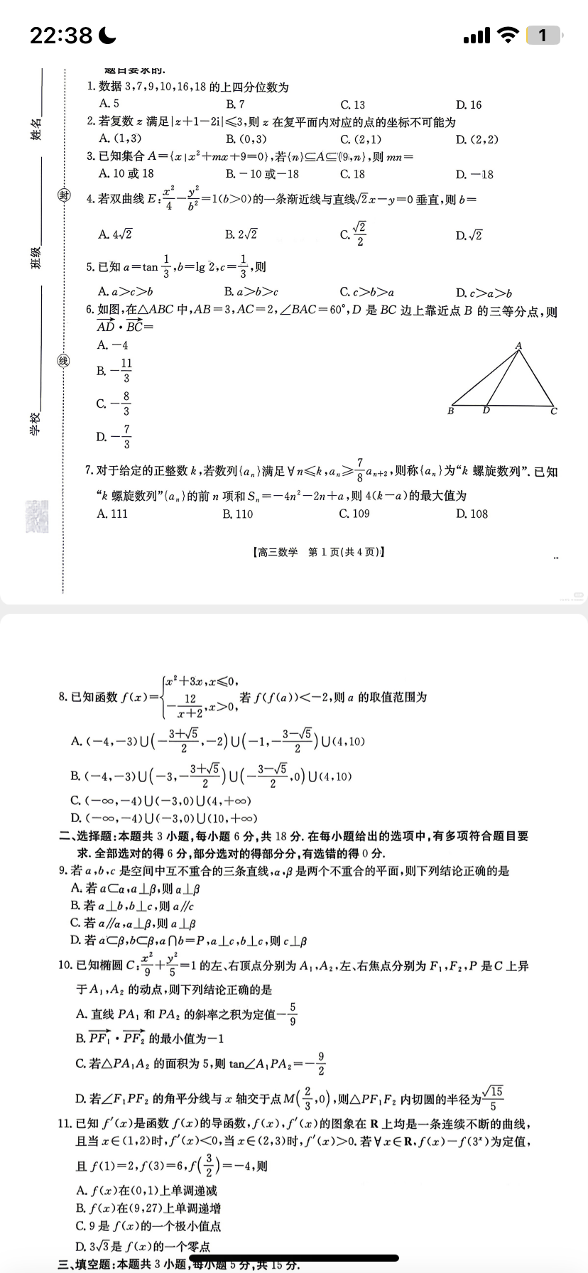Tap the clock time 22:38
click(x=61, y=35)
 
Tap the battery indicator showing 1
click(x=543, y=35)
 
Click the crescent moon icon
click(x=107, y=35)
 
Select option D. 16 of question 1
click(x=469, y=104)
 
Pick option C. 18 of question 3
click(x=352, y=173)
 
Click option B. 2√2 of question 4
click(x=241, y=234)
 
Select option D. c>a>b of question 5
click(x=484, y=292)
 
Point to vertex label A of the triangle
click(x=519, y=346)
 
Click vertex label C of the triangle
click(x=554, y=411)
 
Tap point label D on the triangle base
click(x=486, y=411)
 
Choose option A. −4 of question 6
click(x=113, y=345)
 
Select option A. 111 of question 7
click(x=113, y=514)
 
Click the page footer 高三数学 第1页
click(x=317, y=552)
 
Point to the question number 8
click(x=62, y=698)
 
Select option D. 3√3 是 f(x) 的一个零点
click(x=143, y=1246)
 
